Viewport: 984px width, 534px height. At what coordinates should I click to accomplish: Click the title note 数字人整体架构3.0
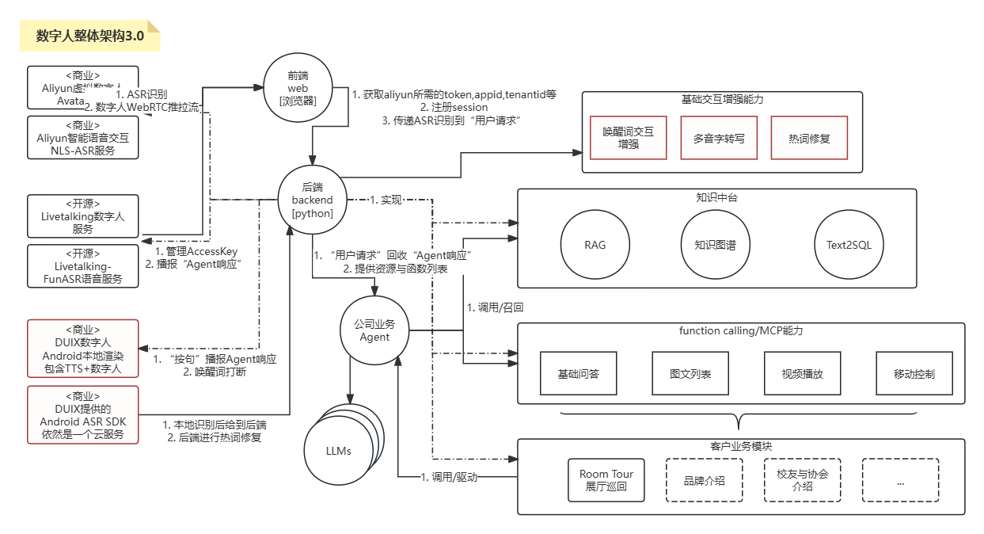point(89,36)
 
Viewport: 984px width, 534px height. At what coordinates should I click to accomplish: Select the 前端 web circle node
point(298,87)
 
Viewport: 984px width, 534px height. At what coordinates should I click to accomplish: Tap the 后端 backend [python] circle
point(312,200)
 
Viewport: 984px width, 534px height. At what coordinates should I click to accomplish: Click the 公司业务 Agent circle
point(374,330)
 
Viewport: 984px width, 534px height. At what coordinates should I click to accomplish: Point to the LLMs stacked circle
point(339,450)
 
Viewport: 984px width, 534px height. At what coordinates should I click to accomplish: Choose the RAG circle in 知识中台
point(595,245)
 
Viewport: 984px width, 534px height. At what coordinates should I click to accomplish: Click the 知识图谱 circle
point(709,245)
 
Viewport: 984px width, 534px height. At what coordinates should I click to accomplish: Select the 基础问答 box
point(578,373)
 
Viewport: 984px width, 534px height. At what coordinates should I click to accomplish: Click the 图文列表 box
point(690,373)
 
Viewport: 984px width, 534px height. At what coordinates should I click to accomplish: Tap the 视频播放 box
point(802,373)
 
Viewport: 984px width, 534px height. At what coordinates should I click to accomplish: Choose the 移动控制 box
point(914,373)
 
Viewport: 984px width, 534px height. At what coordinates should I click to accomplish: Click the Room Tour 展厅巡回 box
point(606,480)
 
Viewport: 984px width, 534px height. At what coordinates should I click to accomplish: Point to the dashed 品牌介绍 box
point(705,480)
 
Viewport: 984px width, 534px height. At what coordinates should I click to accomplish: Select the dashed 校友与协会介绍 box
point(803,480)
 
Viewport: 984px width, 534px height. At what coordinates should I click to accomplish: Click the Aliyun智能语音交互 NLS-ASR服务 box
point(83,138)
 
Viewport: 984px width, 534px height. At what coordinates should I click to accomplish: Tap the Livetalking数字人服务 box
point(83,216)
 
